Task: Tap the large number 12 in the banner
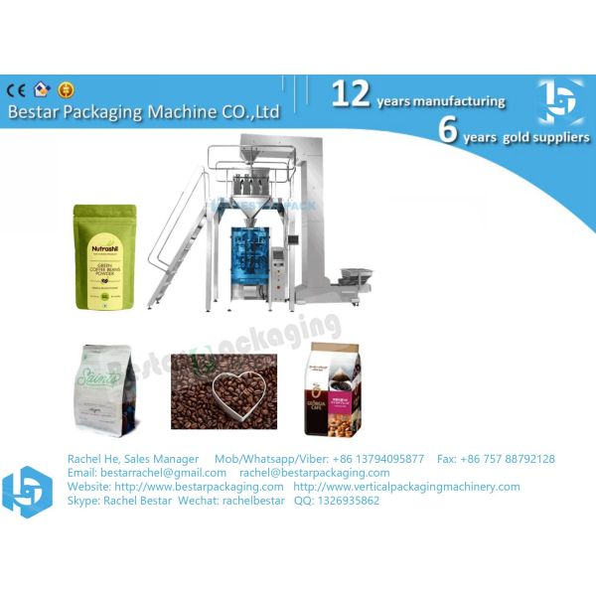[x=351, y=94]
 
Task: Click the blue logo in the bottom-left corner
[x=27, y=490]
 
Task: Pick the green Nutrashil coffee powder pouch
[x=103, y=257]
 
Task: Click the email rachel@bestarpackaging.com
[x=314, y=473]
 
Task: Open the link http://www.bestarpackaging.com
[x=199, y=487]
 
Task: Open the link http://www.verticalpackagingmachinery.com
[x=406, y=487]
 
